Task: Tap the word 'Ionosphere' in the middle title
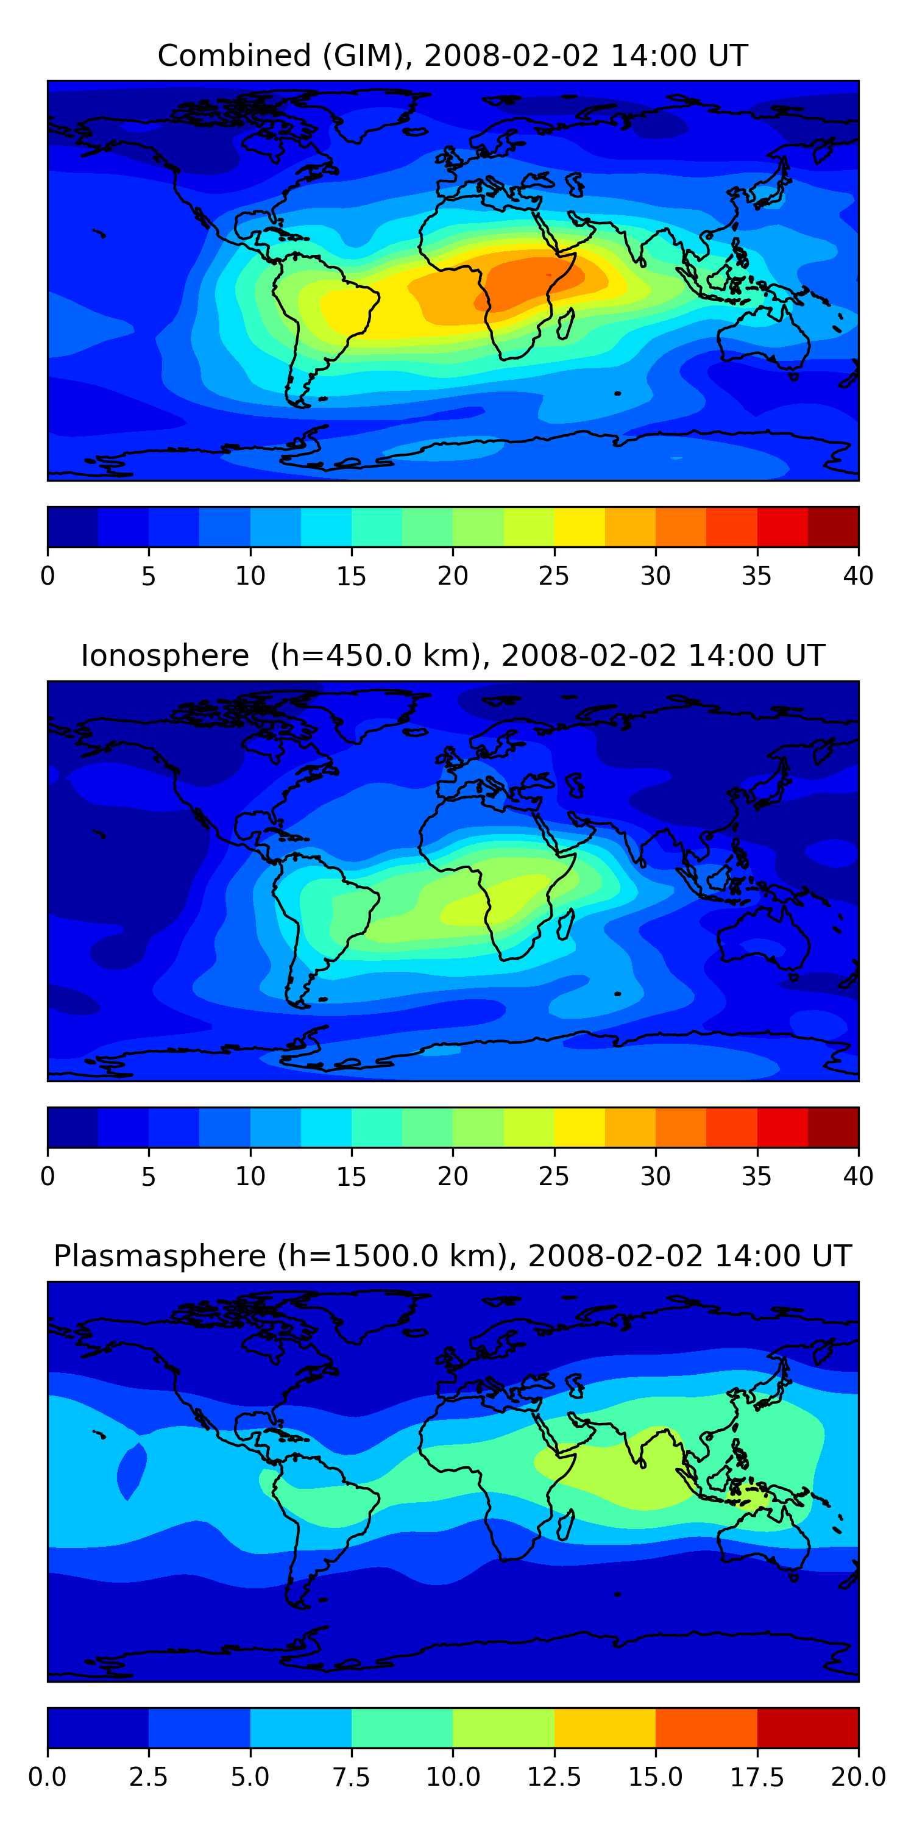click(165, 655)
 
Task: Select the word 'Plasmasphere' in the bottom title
click(160, 1256)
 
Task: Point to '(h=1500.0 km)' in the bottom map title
click(392, 1256)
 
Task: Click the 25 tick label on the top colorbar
click(553, 576)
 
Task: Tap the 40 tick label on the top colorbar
click(857, 576)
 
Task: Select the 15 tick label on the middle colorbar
click(351, 1177)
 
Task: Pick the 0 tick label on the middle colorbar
click(48, 1177)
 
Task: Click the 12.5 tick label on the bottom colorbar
click(553, 1777)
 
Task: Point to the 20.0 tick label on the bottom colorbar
click(857, 1777)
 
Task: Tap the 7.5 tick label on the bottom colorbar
click(351, 1777)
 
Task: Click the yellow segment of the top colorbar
click(579, 527)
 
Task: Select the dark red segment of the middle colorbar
click(833, 1127)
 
